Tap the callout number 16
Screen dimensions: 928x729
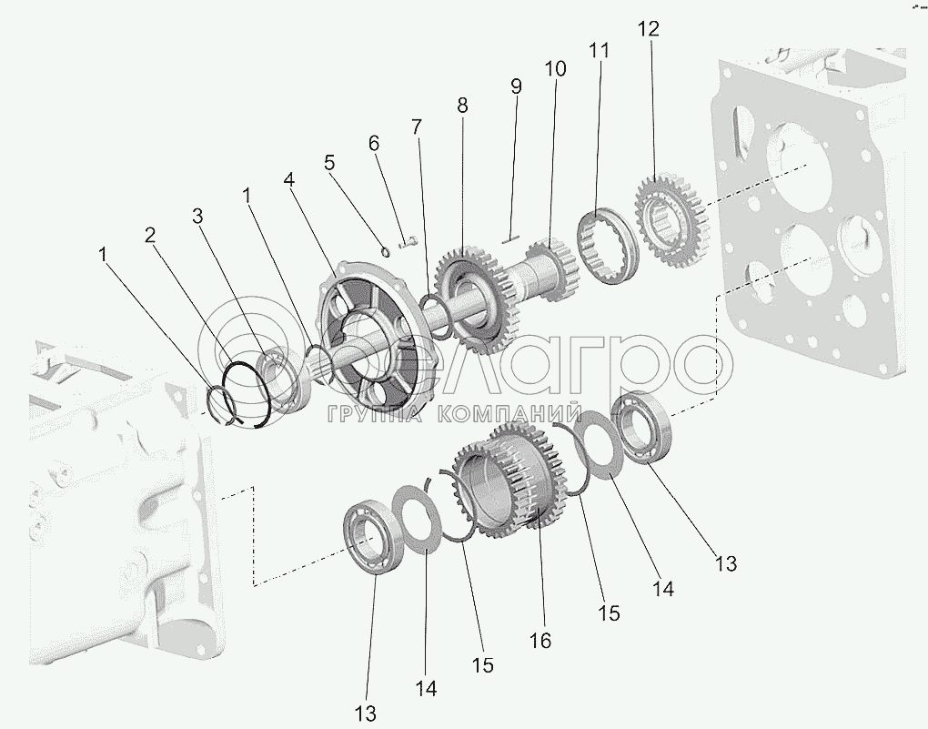540,642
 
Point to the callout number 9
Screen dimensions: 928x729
516,87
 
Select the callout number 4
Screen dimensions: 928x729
289,180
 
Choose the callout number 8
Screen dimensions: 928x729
462,106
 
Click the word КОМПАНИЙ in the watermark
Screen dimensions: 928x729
509,415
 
